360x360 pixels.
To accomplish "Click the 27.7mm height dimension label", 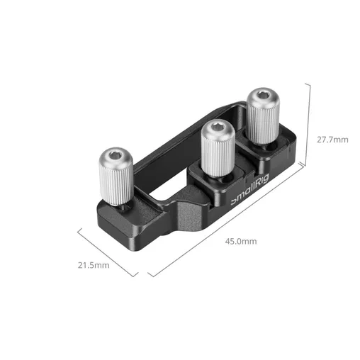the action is coord(332,140).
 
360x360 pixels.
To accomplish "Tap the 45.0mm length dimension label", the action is coord(241,242).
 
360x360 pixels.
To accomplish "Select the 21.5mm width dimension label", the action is coord(94,265).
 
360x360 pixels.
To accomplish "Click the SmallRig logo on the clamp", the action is coord(249,190).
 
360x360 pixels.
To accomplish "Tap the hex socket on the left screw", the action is coord(116,155).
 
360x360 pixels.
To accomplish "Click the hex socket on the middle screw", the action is coord(218,127).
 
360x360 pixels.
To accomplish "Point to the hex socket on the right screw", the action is coord(262,95).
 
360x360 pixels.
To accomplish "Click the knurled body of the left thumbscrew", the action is coord(116,183).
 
